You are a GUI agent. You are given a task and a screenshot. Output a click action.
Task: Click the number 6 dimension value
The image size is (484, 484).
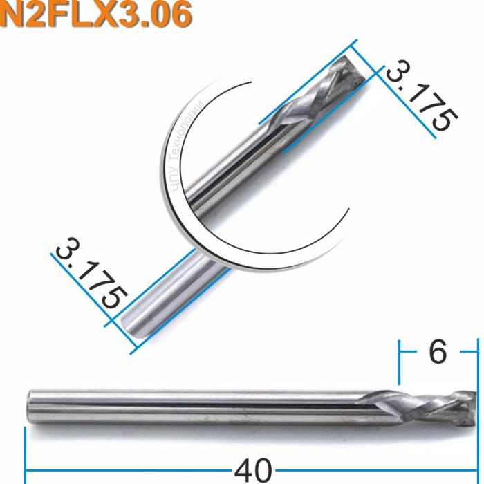tap(437, 353)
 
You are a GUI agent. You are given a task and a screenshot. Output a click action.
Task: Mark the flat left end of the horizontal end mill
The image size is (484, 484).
tap(29, 402)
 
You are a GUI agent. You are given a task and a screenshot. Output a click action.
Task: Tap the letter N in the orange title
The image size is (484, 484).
tap(15, 16)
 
